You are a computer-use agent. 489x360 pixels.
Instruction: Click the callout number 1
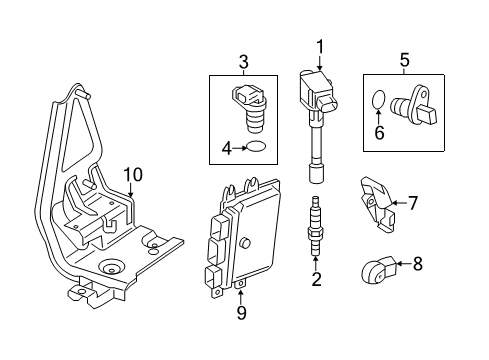click(320, 45)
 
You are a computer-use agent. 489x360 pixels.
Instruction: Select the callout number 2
click(316, 279)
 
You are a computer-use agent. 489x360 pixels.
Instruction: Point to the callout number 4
click(226, 148)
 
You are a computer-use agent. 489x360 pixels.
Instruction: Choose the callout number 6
click(379, 130)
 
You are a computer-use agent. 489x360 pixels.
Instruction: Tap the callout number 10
click(133, 176)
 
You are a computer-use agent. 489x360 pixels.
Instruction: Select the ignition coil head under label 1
click(316, 86)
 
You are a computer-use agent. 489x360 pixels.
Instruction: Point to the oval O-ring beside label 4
click(256, 148)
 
